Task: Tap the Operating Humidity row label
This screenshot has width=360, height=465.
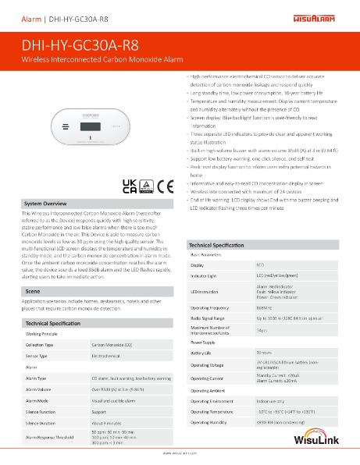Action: [212, 421]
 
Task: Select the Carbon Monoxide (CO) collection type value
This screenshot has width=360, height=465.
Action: [112, 343]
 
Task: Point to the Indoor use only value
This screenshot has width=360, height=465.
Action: [273, 400]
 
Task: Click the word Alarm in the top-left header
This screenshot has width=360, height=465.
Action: [31, 16]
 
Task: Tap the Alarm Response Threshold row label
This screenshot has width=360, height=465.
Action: [52, 438]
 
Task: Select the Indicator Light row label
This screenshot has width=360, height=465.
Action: [204, 275]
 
